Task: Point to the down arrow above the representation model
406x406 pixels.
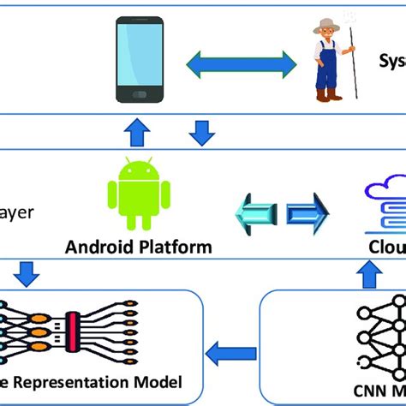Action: point(27,275)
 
